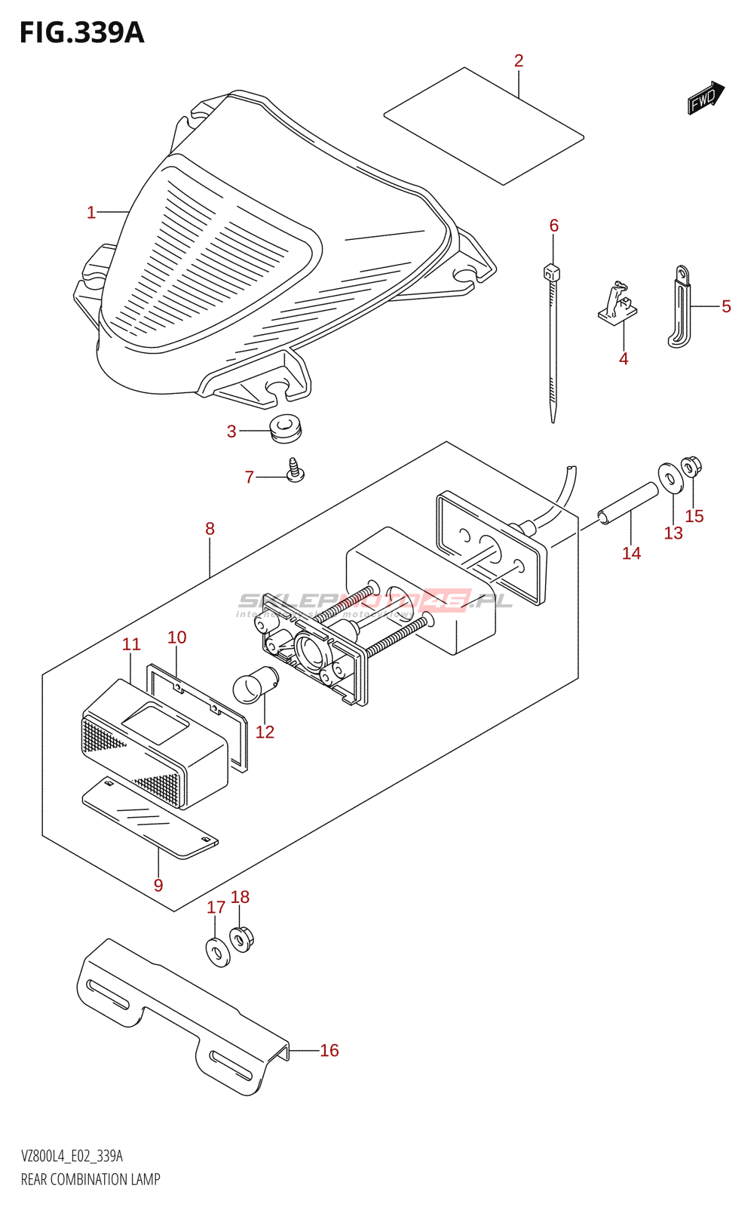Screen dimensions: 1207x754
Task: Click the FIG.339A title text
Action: [x=81, y=32]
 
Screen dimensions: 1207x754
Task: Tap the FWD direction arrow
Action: [x=705, y=97]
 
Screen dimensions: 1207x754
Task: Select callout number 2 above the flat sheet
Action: [x=519, y=61]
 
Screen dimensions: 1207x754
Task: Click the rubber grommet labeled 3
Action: [x=286, y=428]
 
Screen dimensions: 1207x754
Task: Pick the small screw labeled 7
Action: [x=295, y=471]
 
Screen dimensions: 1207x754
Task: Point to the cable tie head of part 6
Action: [x=551, y=272]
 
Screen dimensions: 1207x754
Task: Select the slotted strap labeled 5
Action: [x=679, y=306]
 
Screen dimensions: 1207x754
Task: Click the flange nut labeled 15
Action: [x=691, y=468]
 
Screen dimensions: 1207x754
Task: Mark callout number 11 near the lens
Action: [x=131, y=644]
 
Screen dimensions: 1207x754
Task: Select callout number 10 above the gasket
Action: [x=176, y=637]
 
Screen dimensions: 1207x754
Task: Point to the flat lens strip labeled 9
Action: [x=149, y=818]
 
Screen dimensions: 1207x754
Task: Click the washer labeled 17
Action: [x=216, y=951]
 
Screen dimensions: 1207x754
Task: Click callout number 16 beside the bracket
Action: [x=329, y=1050]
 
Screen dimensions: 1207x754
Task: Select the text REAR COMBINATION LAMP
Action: [x=90, y=1179]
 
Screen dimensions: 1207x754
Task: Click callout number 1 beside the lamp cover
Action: [x=91, y=213]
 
